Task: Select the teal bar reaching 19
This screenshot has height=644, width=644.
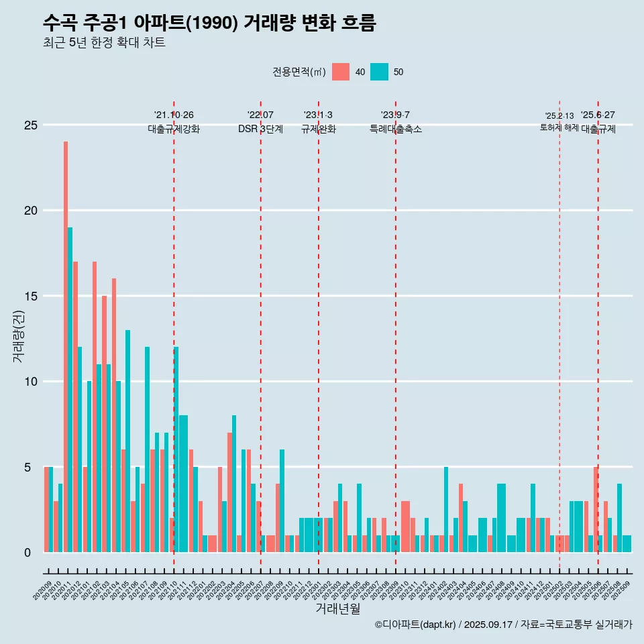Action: [x=70, y=389]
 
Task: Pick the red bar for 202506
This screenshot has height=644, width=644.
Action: [x=596, y=509]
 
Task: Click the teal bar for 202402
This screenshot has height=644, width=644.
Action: [x=446, y=509]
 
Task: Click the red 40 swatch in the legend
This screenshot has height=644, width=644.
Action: [x=341, y=72]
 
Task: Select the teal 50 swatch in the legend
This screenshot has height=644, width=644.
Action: [x=379, y=72]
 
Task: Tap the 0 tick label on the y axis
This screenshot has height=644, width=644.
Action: [x=28, y=553]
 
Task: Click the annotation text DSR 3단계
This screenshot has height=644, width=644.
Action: [x=260, y=129]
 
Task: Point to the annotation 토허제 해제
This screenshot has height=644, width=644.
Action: [x=559, y=127]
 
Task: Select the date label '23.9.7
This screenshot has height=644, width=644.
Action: [x=395, y=115]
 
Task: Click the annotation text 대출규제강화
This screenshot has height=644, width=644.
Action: [x=174, y=129]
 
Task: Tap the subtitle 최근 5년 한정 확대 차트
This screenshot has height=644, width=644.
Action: [x=104, y=43]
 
